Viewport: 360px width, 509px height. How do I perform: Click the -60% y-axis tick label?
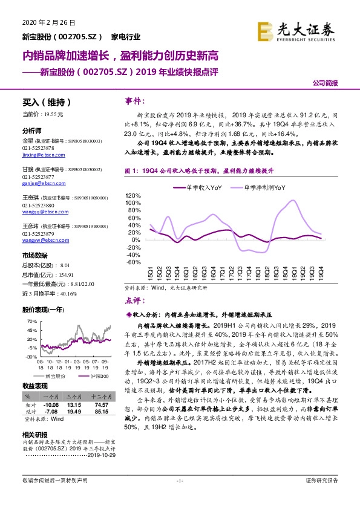pos(134,262)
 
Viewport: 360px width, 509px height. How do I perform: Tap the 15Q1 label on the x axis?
pos(150,274)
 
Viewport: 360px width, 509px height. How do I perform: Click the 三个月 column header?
pos(74,396)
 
